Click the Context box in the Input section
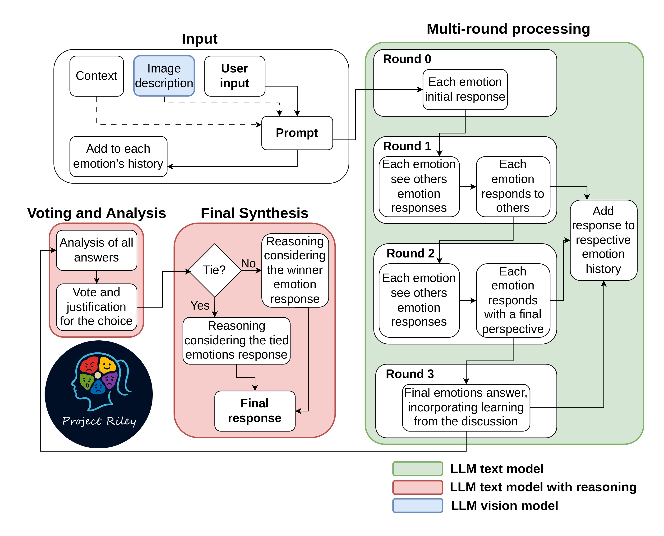click(97, 76)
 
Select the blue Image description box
click(164, 76)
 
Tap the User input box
click(235, 76)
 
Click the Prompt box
click(297, 133)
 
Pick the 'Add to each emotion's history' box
click(118, 156)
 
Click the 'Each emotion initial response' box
click(465, 89)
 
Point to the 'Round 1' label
click(407, 146)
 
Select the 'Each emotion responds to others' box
click(513, 186)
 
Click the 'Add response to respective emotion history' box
click(603, 240)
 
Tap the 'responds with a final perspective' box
click(513, 300)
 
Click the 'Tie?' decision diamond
click(215, 270)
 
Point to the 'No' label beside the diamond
click(248, 263)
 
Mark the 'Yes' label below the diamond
click(200, 305)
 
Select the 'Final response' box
click(255, 411)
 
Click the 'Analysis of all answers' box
click(97, 250)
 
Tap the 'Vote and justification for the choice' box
click(97, 307)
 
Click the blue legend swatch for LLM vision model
click(417, 505)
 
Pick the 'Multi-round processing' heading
click(508, 29)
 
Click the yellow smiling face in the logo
click(107, 365)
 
